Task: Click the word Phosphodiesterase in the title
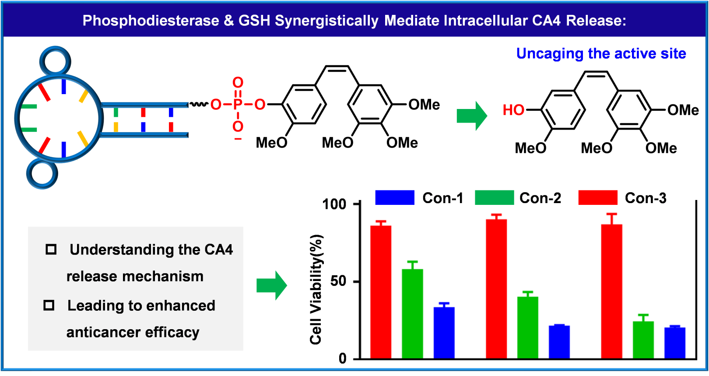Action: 151,21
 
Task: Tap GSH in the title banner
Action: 254,21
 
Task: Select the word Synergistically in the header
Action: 326,21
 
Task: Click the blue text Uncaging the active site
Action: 601,53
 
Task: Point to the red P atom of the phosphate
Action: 238,104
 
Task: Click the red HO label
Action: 513,110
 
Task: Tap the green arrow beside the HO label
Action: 472,116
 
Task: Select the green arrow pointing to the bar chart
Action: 272,285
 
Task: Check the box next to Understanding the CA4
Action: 51,249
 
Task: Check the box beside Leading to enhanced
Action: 49,305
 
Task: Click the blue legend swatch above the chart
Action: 395,197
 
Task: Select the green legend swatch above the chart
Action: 495,197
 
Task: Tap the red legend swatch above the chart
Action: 598,197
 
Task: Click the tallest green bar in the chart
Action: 412,313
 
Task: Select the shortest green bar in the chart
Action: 643,339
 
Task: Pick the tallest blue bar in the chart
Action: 444,332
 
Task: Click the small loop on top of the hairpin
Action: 55,61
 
